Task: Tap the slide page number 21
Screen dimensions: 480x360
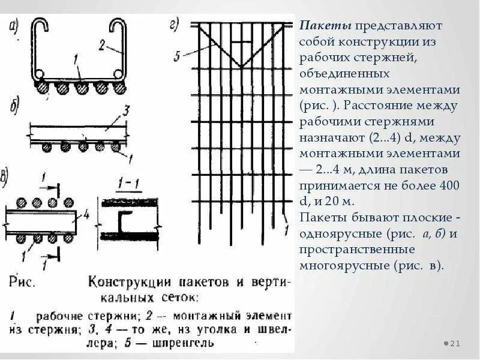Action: tap(454, 343)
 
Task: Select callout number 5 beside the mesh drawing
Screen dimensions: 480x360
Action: tap(177, 56)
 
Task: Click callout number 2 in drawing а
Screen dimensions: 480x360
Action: tap(102, 44)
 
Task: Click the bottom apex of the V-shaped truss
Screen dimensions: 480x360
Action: tap(239, 66)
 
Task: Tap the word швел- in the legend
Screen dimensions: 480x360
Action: tap(275, 329)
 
